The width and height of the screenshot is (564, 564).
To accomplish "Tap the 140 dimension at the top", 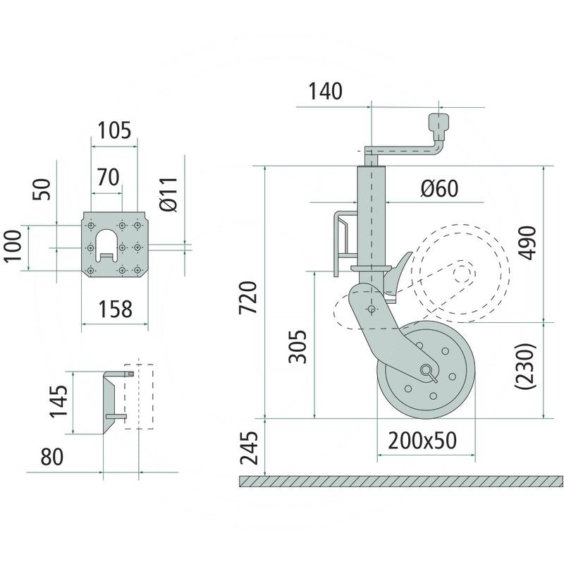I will click(325, 92).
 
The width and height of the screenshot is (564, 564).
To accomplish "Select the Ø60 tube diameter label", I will click(439, 188).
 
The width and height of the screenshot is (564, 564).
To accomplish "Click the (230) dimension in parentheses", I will click(527, 367).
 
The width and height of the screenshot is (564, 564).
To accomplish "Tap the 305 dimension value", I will click(299, 345).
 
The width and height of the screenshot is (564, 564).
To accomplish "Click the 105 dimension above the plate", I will click(114, 130).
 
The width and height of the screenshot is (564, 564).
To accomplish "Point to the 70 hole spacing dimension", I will click(108, 177).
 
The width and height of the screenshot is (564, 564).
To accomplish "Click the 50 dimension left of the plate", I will click(43, 189).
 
